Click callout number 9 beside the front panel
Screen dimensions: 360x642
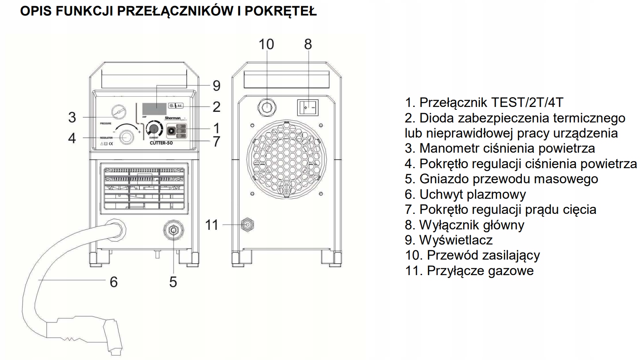(x=216, y=86)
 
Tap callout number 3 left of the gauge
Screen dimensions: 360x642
(x=72, y=118)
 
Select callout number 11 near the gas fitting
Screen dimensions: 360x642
(x=212, y=225)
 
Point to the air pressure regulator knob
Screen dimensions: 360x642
(x=127, y=137)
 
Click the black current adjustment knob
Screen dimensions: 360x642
(x=154, y=129)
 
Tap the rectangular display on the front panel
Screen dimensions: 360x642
(x=154, y=109)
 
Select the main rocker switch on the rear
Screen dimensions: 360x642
(x=308, y=107)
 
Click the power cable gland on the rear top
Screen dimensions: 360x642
(x=266, y=107)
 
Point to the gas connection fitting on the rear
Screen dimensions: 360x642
(x=247, y=224)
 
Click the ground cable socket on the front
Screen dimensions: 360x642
(x=173, y=230)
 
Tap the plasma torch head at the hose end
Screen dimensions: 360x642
(x=113, y=335)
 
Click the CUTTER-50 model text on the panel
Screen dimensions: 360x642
(x=161, y=143)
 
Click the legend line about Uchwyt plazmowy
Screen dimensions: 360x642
(x=465, y=194)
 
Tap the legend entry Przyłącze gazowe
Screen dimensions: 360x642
(x=469, y=271)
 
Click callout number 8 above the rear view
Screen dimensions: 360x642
(x=308, y=44)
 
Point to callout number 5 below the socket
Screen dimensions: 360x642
(x=173, y=282)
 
